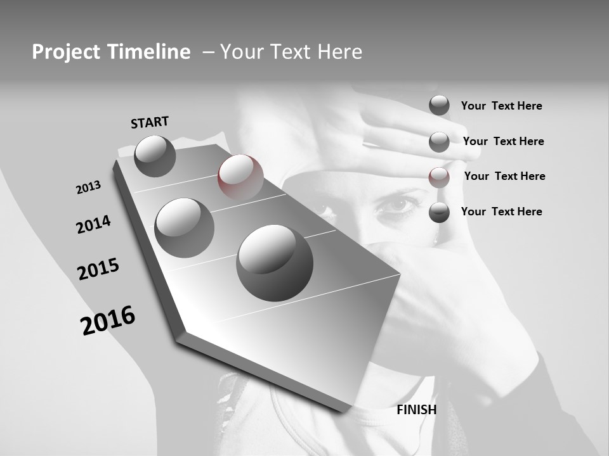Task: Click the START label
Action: [150, 122]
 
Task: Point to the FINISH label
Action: [417, 410]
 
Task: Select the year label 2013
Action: [89, 187]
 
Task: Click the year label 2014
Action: [93, 224]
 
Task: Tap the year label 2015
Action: [98, 269]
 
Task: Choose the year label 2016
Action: [108, 320]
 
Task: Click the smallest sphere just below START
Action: [155, 156]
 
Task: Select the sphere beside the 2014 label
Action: [185, 227]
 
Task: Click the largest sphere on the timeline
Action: [275, 262]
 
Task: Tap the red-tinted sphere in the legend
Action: [439, 177]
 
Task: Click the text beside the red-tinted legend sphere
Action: [504, 176]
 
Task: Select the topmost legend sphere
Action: [439, 105]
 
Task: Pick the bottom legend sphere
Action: [439, 212]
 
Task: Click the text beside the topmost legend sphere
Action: [501, 106]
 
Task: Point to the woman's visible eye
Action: [398, 204]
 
